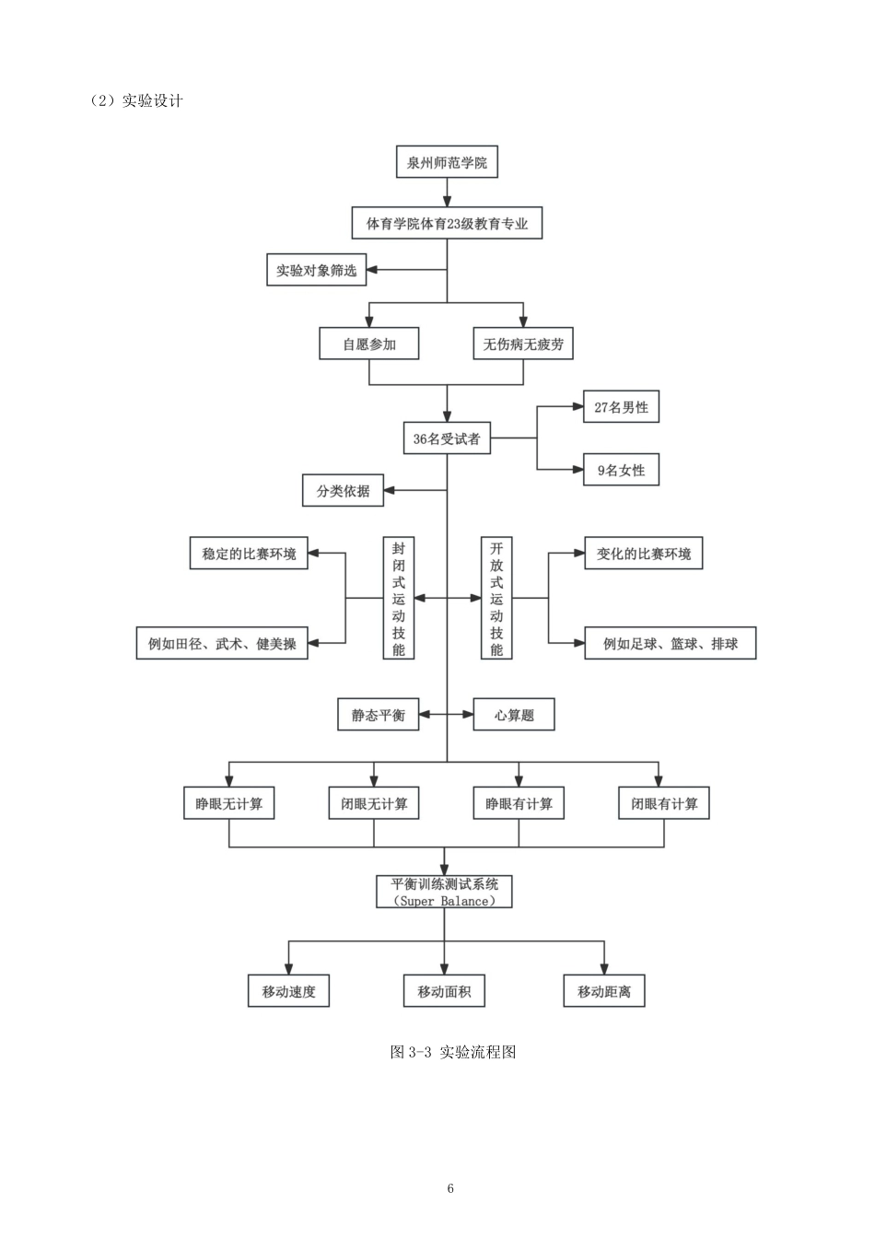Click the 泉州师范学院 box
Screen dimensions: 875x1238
(x=447, y=162)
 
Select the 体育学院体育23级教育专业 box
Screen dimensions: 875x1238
(x=447, y=223)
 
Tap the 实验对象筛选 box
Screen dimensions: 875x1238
(x=316, y=270)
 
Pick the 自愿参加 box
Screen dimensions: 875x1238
(x=368, y=344)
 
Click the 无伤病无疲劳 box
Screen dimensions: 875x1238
(x=523, y=344)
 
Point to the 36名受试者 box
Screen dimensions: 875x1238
(x=447, y=438)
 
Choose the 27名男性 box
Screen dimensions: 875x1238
(x=621, y=407)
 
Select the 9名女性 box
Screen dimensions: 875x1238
(x=621, y=470)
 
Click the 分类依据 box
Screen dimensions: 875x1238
(x=343, y=490)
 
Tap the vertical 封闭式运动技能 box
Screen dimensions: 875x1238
(x=399, y=598)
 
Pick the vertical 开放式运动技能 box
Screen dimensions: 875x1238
(x=496, y=598)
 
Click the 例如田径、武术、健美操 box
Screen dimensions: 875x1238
(x=222, y=643)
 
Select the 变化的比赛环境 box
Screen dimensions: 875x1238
(x=644, y=554)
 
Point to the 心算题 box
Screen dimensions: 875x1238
(x=514, y=715)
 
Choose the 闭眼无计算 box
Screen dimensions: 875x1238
(x=374, y=803)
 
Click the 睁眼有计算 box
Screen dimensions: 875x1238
(x=519, y=803)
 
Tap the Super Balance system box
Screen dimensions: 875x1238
(x=444, y=892)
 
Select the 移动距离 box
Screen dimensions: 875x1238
(x=603, y=991)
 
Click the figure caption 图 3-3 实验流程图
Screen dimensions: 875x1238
(x=453, y=1052)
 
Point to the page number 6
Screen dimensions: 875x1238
(x=450, y=1187)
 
